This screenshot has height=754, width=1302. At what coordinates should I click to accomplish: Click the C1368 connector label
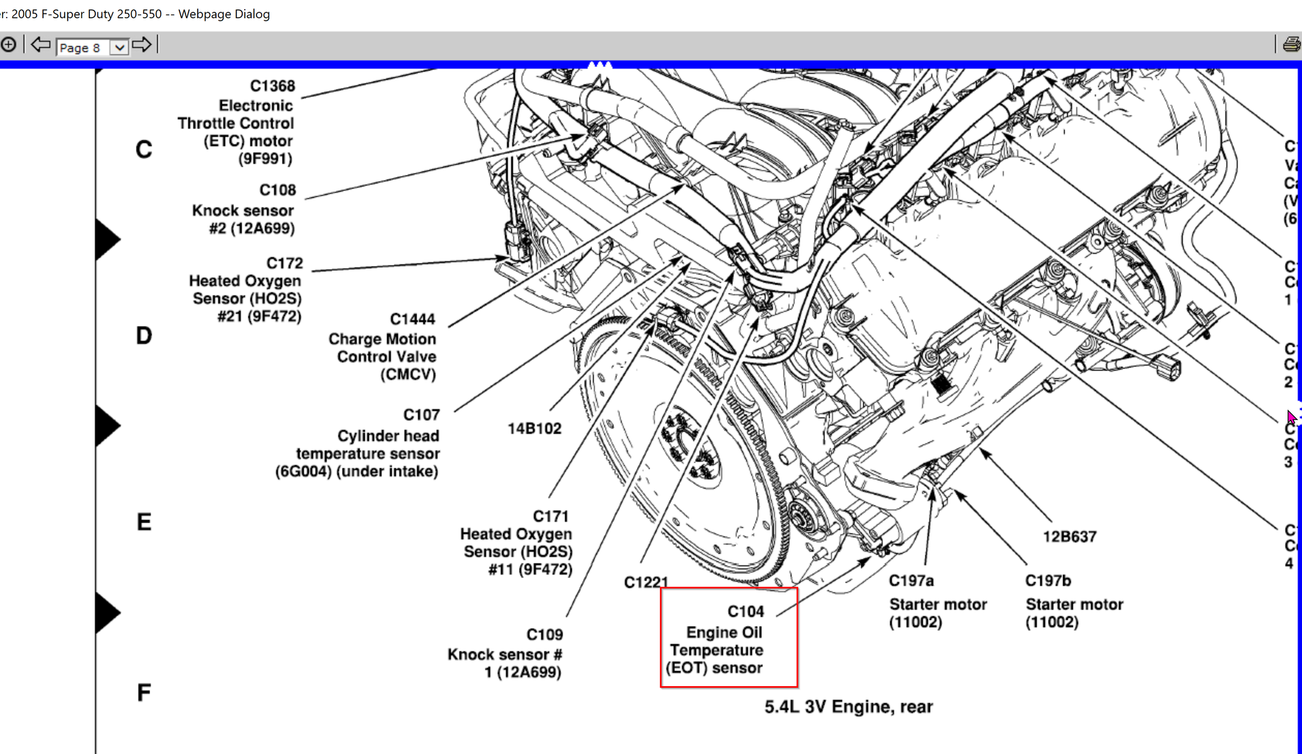(272, 86)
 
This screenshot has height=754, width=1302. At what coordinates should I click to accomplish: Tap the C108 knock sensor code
(277, 190)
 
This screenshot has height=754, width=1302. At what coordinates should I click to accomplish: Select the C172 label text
(285, 263)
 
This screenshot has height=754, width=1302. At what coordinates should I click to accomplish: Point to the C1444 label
(412, 319)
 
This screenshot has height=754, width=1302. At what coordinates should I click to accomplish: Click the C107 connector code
(421, 415)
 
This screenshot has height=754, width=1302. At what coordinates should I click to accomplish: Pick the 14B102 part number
(534, 429)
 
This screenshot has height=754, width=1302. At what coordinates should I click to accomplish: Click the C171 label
(550, 516)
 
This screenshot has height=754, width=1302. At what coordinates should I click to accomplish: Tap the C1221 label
(645, 582)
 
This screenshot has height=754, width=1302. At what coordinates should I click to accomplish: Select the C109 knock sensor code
(544, 635)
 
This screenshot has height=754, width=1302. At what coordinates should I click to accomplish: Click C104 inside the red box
(745, 611)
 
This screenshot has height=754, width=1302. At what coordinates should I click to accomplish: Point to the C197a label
(911, 581)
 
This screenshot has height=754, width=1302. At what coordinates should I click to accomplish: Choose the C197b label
(1047, 581)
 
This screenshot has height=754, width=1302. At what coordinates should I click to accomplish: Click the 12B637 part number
(1069, 537)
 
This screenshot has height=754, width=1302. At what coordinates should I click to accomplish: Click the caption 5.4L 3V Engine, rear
(848, 707)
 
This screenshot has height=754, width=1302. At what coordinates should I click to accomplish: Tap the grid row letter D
(144, 336)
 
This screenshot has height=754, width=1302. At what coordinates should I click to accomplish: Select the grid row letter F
(144, 693)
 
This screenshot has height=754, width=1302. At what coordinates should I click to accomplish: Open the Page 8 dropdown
(119, 48)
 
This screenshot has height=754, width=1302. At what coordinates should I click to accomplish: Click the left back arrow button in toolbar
(40, 45)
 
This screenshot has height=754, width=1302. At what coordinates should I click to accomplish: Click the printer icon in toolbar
(1291, 45)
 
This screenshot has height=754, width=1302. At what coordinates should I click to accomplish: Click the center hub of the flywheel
(692, 447)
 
